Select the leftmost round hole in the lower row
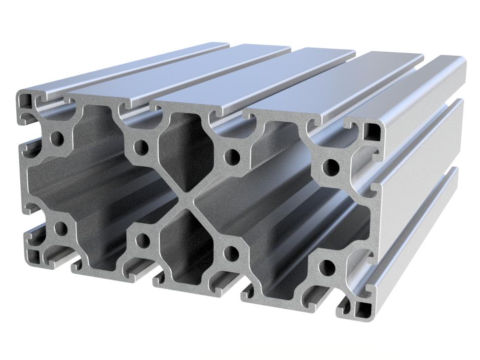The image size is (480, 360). [61, 228]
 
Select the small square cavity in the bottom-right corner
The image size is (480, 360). [365, 310]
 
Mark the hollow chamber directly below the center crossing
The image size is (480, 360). [185, 247]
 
